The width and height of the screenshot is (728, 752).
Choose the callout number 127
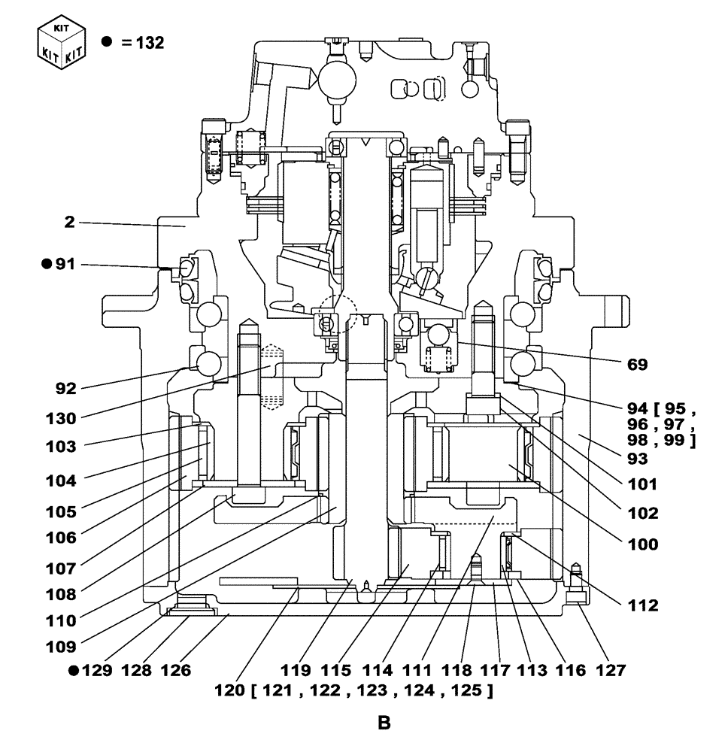point(608,669)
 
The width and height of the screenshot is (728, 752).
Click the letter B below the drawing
point(384,724)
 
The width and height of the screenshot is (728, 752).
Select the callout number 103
point(73,446)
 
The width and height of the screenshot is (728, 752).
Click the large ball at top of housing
point(335,76)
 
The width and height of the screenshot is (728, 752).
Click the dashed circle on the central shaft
point(336,313)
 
